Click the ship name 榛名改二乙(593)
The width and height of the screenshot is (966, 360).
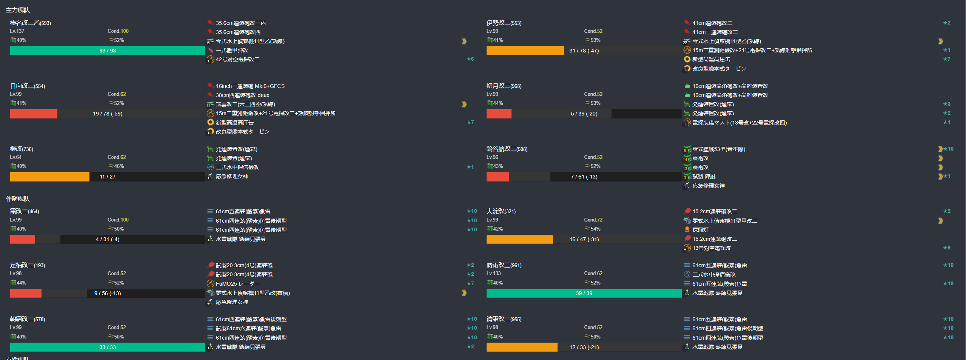[30, 23]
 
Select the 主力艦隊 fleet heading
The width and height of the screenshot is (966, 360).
[18, 10]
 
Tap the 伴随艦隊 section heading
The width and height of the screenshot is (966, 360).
[18, 199]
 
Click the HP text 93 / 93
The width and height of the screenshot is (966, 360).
[107, 51]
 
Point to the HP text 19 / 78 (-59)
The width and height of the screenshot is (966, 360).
[107, 114]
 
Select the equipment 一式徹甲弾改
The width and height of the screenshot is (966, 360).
[232, 50]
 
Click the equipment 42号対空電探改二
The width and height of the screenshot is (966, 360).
[237, 59]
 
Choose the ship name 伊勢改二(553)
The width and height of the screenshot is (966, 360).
[504, 23]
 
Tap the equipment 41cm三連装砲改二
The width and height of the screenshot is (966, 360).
[715, 32]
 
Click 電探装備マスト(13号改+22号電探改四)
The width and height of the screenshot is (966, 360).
[739, 123]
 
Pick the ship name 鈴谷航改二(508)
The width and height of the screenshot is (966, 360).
[507, 149]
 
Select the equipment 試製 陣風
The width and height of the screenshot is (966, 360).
[704, 176]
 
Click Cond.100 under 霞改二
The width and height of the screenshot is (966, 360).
[118, 220]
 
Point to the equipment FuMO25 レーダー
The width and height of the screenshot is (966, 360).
[237, 284]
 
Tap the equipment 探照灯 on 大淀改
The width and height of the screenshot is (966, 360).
[700, 230]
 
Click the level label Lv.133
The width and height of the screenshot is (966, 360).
[493, 273]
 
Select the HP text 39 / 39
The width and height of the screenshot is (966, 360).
[584, 293]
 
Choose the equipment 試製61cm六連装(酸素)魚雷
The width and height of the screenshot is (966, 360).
[248, 328]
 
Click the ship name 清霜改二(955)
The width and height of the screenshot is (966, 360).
[504, 319]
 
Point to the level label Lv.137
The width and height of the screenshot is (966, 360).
[17, 31]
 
